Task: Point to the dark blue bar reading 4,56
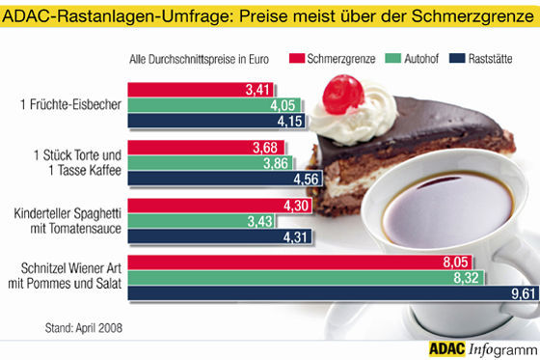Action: point(232,179)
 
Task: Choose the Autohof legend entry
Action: point(415,60)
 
